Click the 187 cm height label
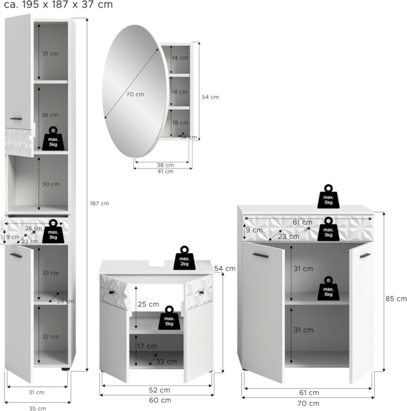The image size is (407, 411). point(99,203)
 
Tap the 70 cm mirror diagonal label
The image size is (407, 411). point(135,95)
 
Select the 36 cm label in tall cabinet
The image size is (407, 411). point(49,115)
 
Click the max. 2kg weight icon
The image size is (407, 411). point(184,258)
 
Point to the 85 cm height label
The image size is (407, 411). point(396,299)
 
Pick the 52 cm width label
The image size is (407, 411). point(160,390)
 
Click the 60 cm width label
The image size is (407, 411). point(160,400)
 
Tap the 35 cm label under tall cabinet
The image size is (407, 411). point(37,408)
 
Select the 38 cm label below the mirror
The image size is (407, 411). point(165,165)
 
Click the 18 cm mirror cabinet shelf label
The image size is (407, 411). point(180,123)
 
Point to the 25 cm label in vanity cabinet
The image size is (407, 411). point(149,304)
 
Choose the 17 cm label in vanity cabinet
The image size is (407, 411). point(147,346)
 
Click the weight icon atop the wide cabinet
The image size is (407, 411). point(328,197)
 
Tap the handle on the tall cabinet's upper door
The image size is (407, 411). point(16,119)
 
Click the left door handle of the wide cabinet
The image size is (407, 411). point(260,256)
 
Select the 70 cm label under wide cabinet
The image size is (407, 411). point(308,403)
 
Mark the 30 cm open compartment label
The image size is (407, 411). point(51,184)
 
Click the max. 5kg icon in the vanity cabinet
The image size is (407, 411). point(169,318)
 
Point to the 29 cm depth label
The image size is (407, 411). point(66,301)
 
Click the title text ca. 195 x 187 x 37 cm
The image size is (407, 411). point(58,4)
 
